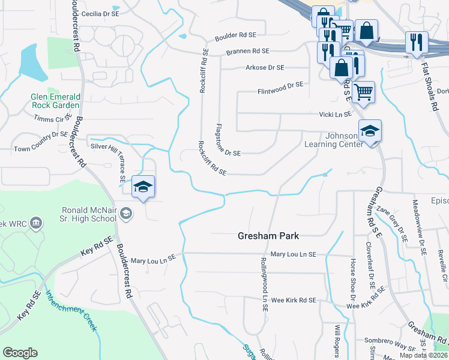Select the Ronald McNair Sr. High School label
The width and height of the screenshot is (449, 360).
[88, 215]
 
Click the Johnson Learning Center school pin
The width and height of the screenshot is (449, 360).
[370, 131]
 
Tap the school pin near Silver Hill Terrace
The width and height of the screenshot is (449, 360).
[143, 187]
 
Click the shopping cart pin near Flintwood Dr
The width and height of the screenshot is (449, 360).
[363, 92]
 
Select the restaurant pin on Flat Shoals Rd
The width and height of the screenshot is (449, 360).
[417, 43]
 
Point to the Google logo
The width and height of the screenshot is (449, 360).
[20, 353]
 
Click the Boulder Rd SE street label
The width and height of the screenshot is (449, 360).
[232, 35]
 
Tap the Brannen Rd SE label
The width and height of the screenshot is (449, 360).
[248, 52]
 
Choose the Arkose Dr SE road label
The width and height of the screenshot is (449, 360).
[265, 68]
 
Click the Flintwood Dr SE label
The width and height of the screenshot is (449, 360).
[280, 85]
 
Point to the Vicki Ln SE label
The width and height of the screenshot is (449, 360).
[335, 114]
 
